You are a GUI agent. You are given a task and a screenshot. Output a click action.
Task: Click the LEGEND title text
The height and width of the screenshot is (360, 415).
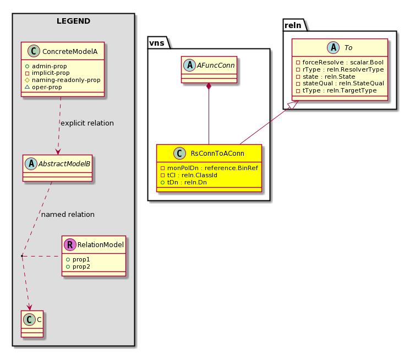(73, 21)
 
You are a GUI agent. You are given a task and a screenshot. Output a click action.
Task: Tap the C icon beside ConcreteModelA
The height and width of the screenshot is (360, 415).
(34, 51)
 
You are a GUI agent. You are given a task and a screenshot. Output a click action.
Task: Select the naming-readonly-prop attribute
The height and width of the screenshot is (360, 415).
(66, 80)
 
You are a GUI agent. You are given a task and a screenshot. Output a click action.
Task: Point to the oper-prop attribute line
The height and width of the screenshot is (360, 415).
(47, 87)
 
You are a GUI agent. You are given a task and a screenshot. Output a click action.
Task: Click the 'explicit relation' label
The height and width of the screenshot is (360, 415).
(87, 123)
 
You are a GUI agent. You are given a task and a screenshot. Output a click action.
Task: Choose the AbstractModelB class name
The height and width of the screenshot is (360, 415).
(64, 164)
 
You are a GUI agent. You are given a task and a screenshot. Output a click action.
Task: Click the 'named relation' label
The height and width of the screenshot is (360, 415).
(68, 215)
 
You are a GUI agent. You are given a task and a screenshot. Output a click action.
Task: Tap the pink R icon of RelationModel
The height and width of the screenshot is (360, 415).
(70, 244)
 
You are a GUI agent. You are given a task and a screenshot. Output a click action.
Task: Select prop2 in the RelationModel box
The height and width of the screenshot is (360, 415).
(81, 266)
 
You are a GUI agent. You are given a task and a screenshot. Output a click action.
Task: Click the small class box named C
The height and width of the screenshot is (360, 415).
(32, 324)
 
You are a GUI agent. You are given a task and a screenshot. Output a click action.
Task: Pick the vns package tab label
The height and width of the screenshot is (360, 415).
(157, 43)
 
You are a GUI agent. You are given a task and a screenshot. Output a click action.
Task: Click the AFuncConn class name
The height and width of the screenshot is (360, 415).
(216, 66)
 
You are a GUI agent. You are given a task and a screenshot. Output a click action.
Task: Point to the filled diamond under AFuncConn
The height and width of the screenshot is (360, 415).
(209, 86)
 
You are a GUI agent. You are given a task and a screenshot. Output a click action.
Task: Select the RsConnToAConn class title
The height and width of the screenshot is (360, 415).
(217, 153)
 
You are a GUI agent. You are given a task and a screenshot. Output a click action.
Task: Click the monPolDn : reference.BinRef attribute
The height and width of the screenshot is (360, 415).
(212, 168)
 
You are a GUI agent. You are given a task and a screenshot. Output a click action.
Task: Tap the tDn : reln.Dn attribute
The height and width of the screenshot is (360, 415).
(187, 182)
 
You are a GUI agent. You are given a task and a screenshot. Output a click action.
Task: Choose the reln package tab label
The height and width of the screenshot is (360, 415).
(293, 25)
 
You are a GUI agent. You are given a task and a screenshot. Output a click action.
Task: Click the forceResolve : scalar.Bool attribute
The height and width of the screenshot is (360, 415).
(343, 62)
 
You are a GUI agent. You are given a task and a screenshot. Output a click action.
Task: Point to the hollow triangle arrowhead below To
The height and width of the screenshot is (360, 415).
(293, 105)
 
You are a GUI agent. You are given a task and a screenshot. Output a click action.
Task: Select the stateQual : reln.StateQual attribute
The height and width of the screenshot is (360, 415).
(343, 83)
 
